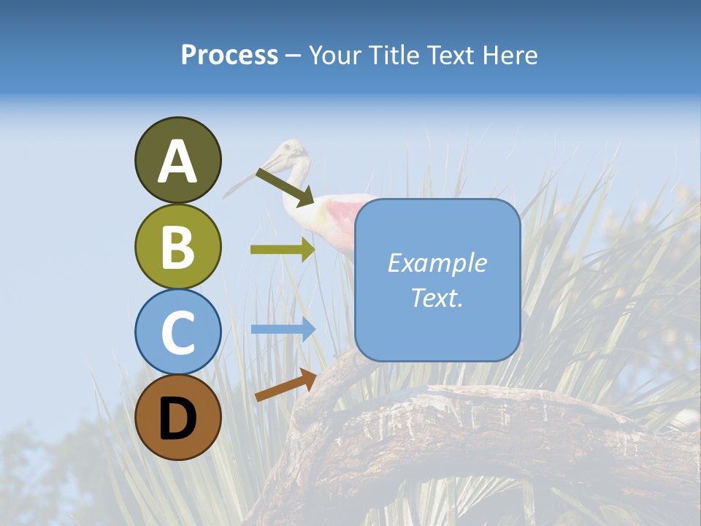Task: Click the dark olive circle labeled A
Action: pyautogui.click(x=177, y=160)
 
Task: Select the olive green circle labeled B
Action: pyautogui.click(x=177, y=246)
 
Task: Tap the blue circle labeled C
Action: pyautogui.click(x=177, y=332)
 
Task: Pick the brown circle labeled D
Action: pyautogui.click(x=177, y=417)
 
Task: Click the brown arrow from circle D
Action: pyautogui.click(x=286, y=385)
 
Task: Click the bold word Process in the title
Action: pyautogui.click(x=229, y=56)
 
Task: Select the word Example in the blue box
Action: pyautogui.click(x=437, y=263)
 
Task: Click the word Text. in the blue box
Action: pyautogui.click(x=437, y=297)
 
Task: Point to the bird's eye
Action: pyautogui.click(x=288, y=149)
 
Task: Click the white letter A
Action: pyautogui.click(x=177, y=161)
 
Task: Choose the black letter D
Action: pyautogui.click(x=177, y=419)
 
